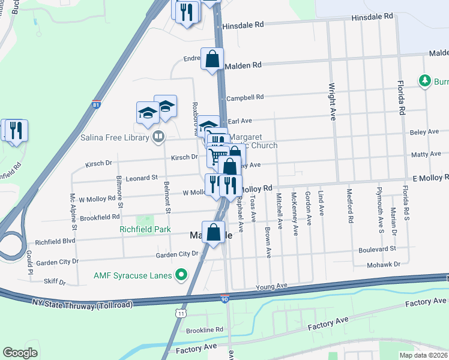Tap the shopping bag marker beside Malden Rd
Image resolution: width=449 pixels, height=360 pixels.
tap(212, 59)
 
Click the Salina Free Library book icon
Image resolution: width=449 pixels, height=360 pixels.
tap(158, 137)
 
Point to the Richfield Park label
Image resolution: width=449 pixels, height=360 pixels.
tap(145, 229)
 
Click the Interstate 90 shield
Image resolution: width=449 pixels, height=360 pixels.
tap(224, 298)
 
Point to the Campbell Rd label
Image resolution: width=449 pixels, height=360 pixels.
tap(245, 97)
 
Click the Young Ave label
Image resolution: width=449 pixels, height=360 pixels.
tap(273, 287)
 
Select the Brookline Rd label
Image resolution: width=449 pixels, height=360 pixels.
tap(205, 329)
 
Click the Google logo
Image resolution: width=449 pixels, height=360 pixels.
tap(20, 352)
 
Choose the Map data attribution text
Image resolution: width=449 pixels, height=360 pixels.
tap(423, 355)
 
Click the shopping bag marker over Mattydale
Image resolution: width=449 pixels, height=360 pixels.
tap(213, 233)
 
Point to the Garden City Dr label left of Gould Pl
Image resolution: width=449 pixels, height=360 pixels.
tap(58, 262)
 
